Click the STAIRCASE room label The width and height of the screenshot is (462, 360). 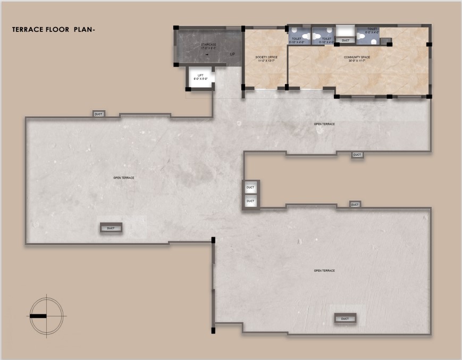(x=208, y=45)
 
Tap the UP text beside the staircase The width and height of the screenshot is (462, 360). (x=232, y=54)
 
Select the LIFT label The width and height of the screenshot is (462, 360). (x=200, y=76)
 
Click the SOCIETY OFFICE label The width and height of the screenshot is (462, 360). (x=266, y=57)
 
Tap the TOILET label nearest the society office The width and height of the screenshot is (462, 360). (x=297, y=38)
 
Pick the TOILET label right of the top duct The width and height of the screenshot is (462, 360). (x=372, y=29)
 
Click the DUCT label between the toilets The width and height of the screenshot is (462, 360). (x=346, y=40)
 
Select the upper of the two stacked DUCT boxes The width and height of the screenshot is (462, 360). (x=250, y=187)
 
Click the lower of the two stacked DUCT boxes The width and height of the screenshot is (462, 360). (x=250, y=202)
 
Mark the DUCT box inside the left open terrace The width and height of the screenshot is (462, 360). (x=111, y=228)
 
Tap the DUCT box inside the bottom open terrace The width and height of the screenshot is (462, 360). (x=345, y=319)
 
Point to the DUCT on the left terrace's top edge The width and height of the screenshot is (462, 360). (x=98, y=114)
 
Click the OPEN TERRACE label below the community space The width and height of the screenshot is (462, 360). (x=324, y=124)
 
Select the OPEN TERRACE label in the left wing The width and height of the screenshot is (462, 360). (x=124, y=178)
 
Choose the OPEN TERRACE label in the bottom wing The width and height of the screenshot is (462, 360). (x=324, y=271)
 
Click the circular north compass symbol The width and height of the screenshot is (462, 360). (x=47, y=315)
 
